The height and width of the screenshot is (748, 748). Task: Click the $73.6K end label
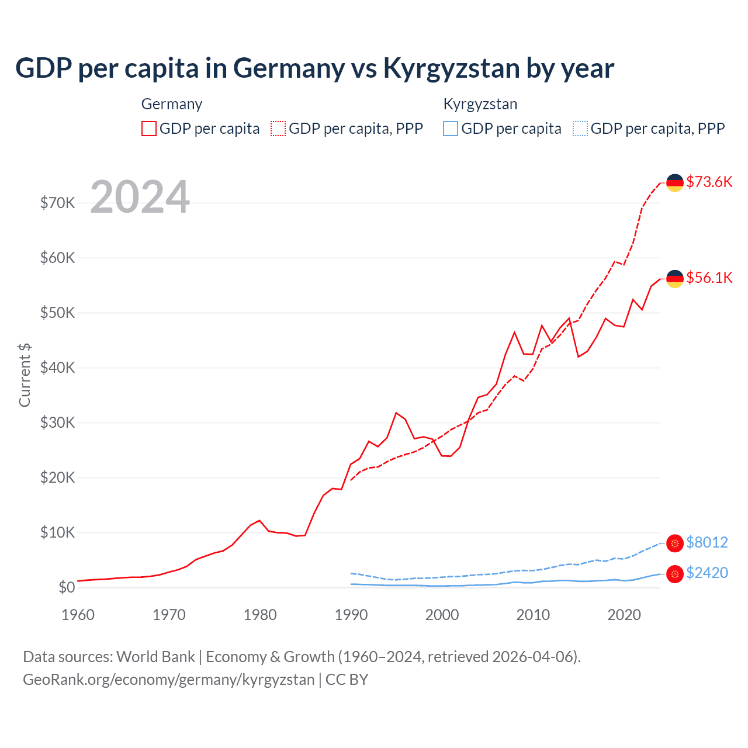tap(709, 182)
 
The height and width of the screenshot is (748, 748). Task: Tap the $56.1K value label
tap(709, 278)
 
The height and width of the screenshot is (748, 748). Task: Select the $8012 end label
tap(707, 542)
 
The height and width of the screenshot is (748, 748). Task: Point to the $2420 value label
tap(707, 573)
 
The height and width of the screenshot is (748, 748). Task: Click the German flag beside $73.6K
tap(675, 182)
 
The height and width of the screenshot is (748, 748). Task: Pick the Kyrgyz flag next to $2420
tap(675, 574)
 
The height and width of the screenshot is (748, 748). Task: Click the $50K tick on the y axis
tap(57, 313)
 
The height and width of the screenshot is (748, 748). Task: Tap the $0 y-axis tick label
tap(67, 587)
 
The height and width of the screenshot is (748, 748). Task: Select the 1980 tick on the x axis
tap(260, 615)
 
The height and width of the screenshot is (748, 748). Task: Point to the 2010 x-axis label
tap(533, 615)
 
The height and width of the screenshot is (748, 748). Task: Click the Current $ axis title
tap(25, 375)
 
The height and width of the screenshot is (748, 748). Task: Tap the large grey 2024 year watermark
tap(140, 197)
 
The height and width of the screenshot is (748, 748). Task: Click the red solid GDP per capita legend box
tap(149, 129)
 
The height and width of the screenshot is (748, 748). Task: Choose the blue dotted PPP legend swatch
tap(580, 129)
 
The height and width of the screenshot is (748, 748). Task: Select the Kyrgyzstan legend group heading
tap(480, 104)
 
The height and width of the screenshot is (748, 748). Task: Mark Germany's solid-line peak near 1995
tap(396, 413)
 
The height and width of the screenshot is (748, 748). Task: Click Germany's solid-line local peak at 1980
tap(259, 520)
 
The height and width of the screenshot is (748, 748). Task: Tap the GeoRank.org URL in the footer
tap(168, 680)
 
